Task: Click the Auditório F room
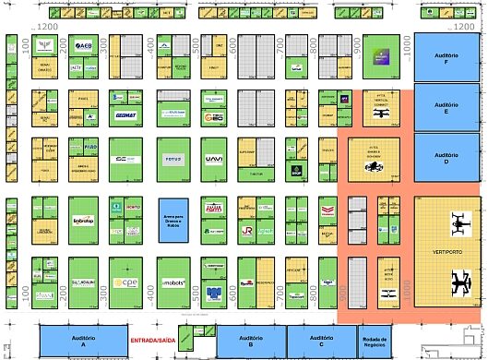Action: [x=448, y=56]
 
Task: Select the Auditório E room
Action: [x=448, y=107]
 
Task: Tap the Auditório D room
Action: [x=448, y=157]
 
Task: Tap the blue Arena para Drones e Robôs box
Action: [x=173, y=220]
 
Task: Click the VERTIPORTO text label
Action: [x=446, y=251]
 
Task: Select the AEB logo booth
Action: [x=84, y=45]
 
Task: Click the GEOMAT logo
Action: [x=126, y=115]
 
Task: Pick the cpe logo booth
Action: [x=125, y=282]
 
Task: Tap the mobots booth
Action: [x=173, y=282]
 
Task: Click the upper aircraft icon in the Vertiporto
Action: [x=458, y=222]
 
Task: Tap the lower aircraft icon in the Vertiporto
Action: [x=458, y=279]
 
